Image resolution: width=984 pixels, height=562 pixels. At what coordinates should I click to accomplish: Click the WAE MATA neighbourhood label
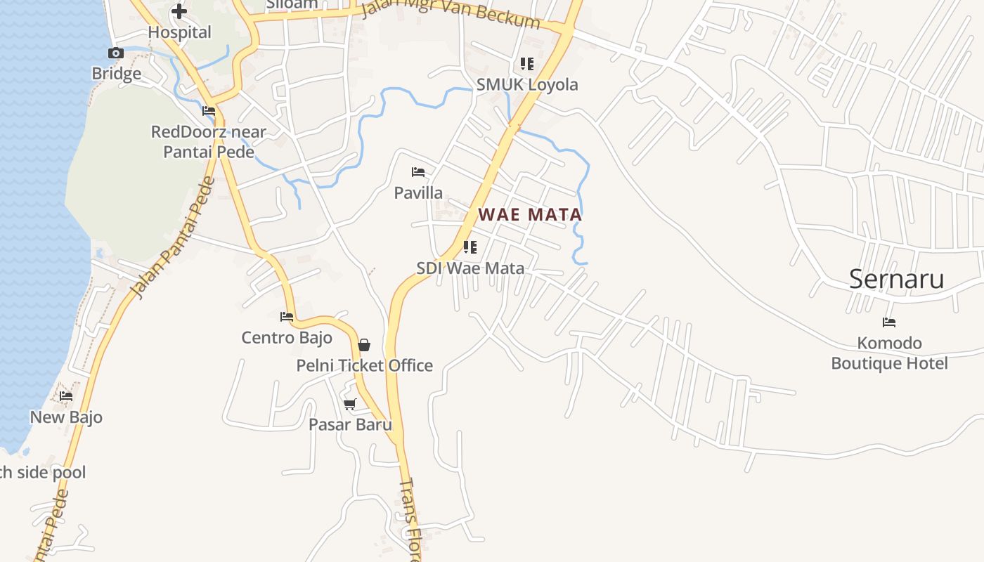(x=531, y=214)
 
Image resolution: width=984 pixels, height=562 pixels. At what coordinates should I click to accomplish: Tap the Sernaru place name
(x=896, y=279)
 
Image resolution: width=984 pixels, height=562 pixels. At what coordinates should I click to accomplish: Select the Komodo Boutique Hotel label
(x=889, y=353)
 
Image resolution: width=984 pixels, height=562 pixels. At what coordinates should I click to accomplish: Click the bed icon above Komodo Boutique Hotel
(x=889, y=322)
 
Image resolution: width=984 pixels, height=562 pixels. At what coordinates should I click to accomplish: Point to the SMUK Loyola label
(x=527, y=85)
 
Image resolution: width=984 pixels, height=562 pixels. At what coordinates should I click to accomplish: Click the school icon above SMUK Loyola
(x=527, y=64)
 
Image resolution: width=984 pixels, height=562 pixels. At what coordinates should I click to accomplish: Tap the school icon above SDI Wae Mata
(x=470, y=247)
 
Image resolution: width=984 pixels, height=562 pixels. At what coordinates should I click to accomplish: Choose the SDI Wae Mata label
(x=470, y=268)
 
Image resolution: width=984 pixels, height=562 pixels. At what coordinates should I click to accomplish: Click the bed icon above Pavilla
(x=418, y=172)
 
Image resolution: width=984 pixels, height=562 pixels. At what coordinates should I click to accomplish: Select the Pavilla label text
(x=418, y=192)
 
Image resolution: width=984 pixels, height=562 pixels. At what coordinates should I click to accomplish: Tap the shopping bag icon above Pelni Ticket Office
(x=364, y=345)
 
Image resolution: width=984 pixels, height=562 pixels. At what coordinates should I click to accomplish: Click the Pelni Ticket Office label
(x=364, y=365)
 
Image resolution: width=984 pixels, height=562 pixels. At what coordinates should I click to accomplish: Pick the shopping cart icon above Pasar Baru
(x=350, y=404)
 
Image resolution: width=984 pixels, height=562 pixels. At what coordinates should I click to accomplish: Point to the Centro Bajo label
(x=287, y=338)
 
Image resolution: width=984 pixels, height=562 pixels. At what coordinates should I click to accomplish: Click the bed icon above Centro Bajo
(x=287, y=317)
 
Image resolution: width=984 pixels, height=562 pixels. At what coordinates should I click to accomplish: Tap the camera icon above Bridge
(x=116, y=53)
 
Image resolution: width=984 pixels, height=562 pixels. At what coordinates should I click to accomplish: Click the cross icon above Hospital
(x=179, y=11)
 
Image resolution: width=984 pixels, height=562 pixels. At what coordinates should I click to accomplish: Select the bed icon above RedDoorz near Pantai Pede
(x=209, y=111)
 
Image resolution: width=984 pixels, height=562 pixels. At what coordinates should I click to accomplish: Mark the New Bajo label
(x=66, y=417)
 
